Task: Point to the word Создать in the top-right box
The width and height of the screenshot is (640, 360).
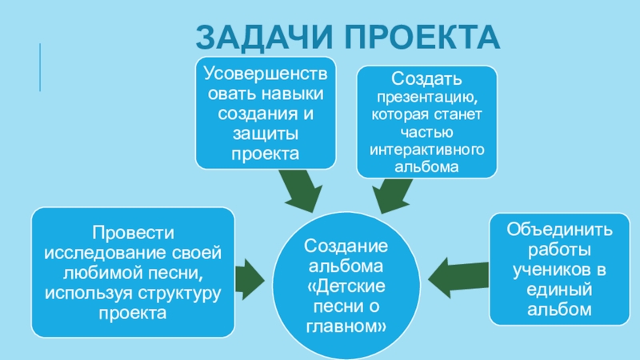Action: pyautogui.click(x=426, y=82)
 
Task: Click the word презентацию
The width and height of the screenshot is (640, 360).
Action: pyautogui.click(x=426, y=99)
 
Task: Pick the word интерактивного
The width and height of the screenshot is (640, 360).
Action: pyautogui.click(x=426, y=150)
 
